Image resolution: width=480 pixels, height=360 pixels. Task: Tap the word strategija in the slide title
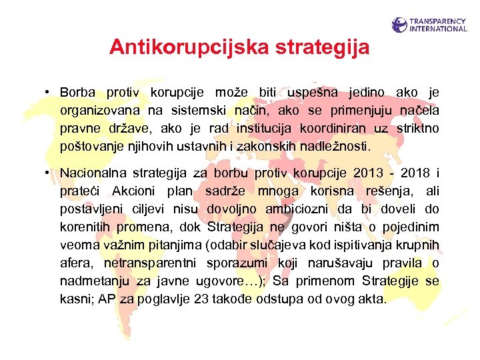coord(321,47)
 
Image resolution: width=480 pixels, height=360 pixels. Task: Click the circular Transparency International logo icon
coord(399,25)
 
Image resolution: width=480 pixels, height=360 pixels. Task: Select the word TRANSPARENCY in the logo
coord(439,21)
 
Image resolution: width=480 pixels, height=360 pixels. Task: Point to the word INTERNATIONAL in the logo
coord(439,29)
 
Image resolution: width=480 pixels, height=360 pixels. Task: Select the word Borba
coord(78,92)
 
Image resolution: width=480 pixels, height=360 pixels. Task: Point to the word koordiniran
coord(319,127)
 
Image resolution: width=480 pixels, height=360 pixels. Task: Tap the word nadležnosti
coord(340,145)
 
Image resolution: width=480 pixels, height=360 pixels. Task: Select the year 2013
coord(369,173)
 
